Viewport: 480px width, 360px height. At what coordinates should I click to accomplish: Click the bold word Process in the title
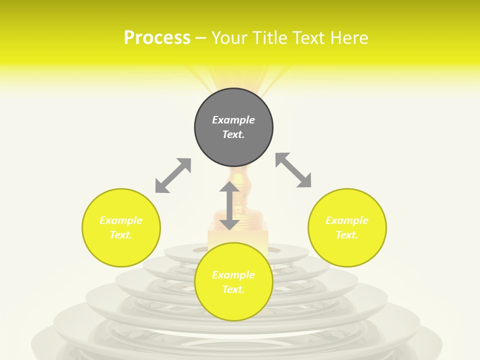pos(157,38)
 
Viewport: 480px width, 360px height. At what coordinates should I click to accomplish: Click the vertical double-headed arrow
pos(229,205)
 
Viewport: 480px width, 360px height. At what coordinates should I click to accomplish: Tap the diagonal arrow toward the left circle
pos(173,175)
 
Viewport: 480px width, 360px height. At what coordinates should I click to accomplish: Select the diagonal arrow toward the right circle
pos(293,170)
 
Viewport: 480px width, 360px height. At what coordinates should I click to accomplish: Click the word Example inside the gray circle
pos(233,120)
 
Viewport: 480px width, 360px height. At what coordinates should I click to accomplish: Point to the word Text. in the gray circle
pos(233,134)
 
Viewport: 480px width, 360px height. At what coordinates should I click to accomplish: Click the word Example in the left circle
pos(121,220)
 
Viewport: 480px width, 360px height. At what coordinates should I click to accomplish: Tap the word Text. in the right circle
pos(347,235)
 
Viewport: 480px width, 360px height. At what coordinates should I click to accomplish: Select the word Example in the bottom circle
pos(233,275)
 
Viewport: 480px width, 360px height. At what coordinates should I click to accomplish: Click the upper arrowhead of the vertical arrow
pos(229,187)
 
